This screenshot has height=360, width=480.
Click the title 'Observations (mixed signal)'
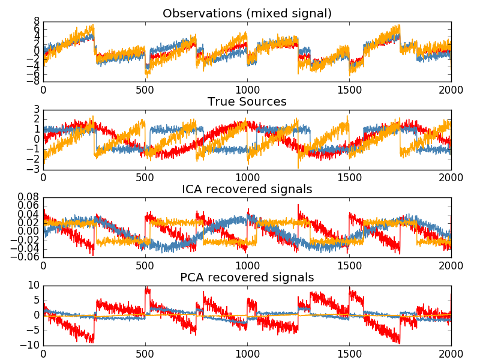[247, 13]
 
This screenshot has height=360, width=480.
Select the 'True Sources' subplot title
[247, 101]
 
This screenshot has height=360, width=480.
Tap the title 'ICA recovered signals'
[247, 190]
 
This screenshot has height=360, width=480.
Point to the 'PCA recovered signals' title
[247, 278]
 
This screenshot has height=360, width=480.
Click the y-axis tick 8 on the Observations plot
[37, 22]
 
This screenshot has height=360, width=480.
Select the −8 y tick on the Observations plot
[34, 81]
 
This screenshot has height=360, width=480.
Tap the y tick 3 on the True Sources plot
[37, 110]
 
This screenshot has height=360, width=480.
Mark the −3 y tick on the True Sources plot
[34, 169]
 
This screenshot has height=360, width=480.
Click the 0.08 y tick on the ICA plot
[28, 198]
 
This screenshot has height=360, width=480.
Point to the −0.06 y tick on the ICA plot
[26, 257]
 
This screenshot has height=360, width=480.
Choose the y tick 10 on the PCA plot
[34, 286]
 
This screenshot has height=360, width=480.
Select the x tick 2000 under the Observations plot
[451, 91]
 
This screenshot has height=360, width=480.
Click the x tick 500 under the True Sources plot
[145, 179]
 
